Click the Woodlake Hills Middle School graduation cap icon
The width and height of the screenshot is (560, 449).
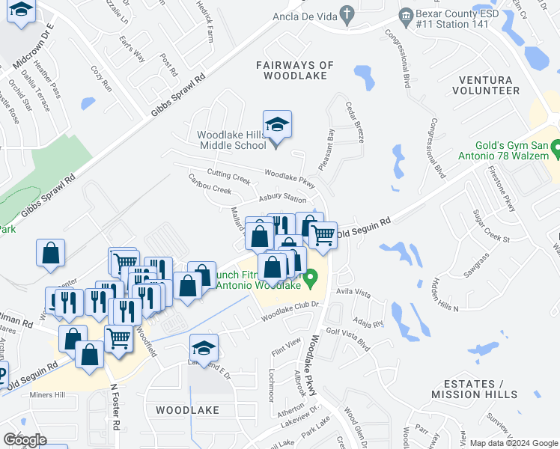coord(277,125)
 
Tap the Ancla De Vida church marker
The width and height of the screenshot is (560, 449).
coord(346,13)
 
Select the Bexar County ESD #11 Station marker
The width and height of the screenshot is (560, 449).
coord(405,14)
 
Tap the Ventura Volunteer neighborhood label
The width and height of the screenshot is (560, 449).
coord(486,85)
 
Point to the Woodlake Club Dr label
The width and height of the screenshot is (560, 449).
coord(290,312)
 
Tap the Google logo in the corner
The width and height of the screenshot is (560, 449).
coord(25,440)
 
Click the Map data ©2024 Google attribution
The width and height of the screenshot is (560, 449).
coord(514,442)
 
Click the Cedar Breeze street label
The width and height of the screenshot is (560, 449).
coord(354,123)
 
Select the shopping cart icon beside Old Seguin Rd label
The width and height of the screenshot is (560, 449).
coord(323,234)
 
